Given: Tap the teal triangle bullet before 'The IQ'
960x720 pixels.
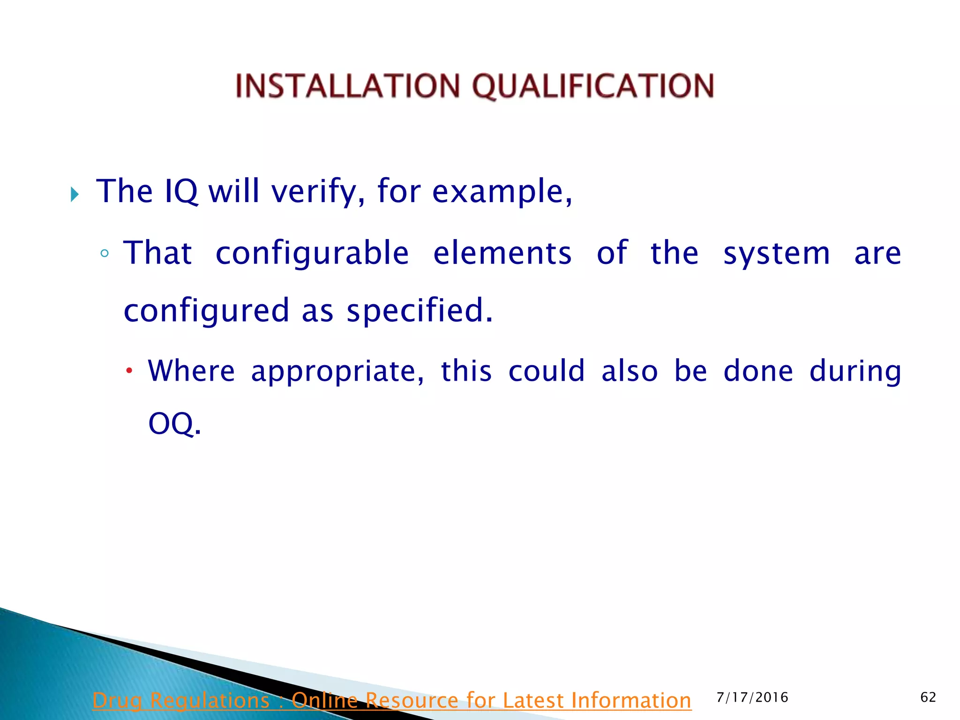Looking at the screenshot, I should (75, 194).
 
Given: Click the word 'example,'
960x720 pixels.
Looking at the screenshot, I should (502, 192).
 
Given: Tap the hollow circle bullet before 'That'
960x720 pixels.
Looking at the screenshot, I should (105, 254).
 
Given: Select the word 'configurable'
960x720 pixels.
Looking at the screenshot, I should (312, 254).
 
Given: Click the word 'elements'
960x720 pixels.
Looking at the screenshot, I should (502, 254).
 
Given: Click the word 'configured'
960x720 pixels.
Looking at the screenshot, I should (206, 311).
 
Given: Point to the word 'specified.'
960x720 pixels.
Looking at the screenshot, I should (420, 311).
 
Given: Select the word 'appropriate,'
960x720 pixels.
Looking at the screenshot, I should (337, 372).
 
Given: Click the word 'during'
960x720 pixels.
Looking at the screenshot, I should (855, 372).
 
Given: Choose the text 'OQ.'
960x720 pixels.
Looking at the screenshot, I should (174, 424).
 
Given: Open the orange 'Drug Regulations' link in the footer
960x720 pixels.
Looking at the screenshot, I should (181, 700).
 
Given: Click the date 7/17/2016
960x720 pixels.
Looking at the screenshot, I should (752, 697).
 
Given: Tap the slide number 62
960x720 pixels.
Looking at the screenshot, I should (928, 697).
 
